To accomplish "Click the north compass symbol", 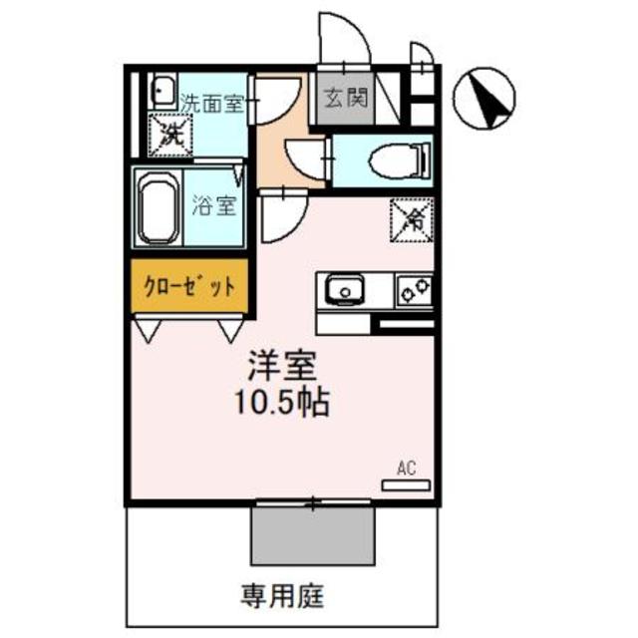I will [485, 97].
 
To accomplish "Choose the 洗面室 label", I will [212, 102].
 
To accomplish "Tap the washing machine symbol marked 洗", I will [164, 135].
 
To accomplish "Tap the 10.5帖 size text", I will [283, 404].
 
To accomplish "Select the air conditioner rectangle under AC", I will [407, 483].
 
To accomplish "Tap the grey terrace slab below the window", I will [312, 534].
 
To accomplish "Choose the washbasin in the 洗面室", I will [161, 92].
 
